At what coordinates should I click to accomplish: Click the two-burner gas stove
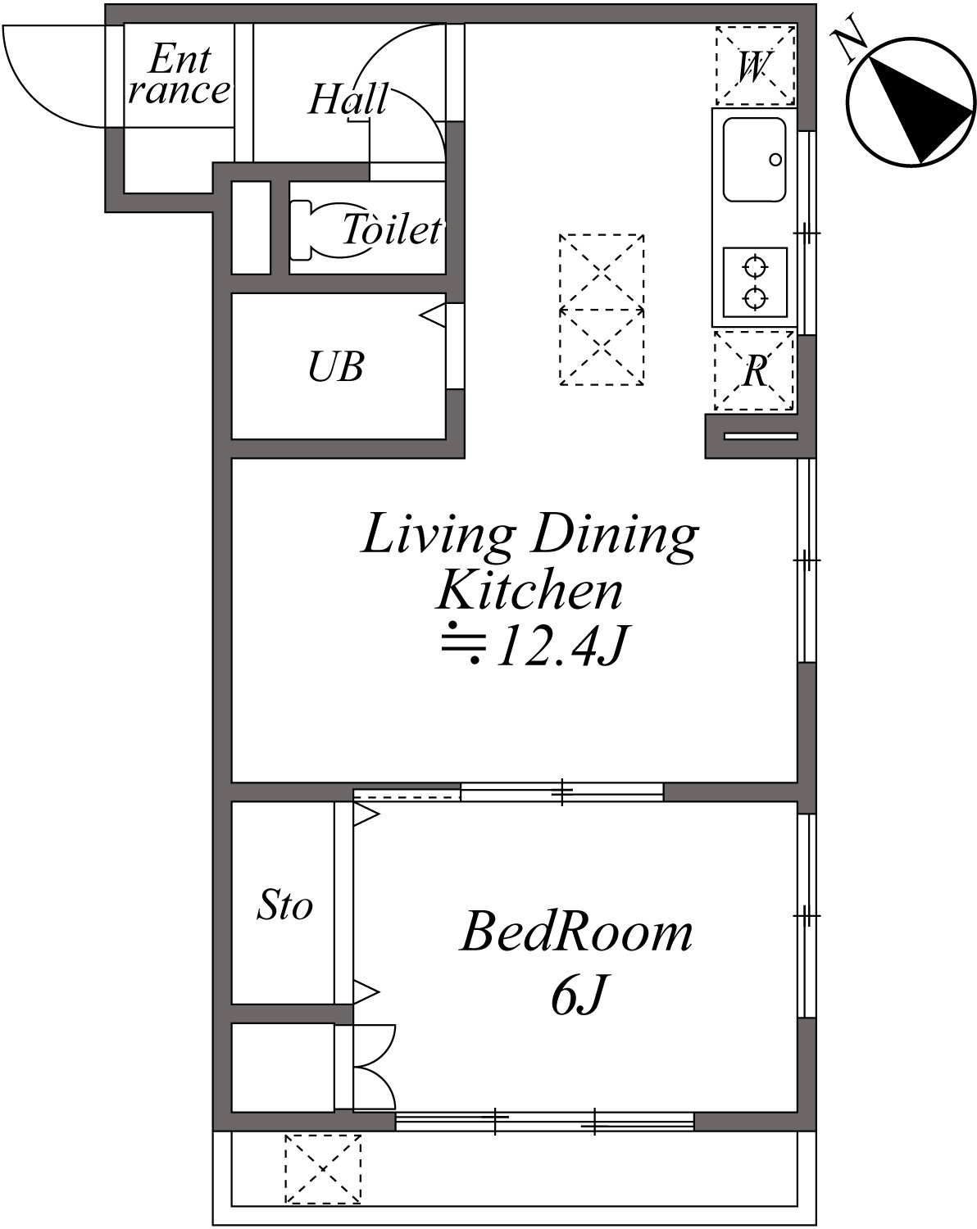click(x=755, y=282)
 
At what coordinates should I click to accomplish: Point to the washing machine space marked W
click(x=755, y=66)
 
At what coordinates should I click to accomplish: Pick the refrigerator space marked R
click(x=754, y=371)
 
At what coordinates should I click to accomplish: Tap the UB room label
click(x=336, y=367)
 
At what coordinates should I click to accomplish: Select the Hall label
click(x=348, y=100)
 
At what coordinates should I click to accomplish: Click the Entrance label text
click(x=179, y=75)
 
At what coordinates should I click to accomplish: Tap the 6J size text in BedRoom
click(x=578, y=995)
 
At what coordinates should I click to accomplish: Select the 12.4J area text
click(x=537, y=647)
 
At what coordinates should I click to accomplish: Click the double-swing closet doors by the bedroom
click(x=374, y=1067)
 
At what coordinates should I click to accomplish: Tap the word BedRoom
click(x=577, y=932)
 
